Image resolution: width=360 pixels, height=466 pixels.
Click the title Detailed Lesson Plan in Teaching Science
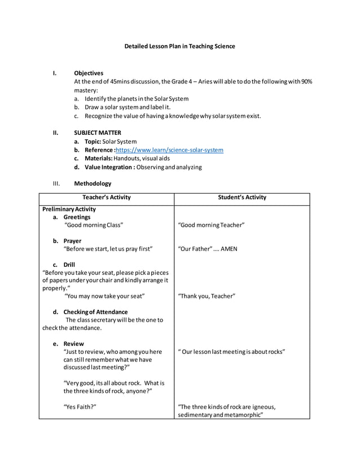179,46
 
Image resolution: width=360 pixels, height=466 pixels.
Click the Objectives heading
89,73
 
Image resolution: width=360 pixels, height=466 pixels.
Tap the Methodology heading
93,183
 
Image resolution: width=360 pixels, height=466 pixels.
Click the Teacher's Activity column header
107,197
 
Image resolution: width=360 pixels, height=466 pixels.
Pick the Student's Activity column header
242,197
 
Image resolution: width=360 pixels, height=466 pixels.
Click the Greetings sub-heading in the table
77,217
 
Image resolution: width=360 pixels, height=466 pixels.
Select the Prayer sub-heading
72,241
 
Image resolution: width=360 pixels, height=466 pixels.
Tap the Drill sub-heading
69,265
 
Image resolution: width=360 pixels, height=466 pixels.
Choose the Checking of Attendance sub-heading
95,312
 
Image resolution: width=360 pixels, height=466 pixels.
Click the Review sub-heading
73,344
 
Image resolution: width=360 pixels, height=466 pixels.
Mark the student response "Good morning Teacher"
211,225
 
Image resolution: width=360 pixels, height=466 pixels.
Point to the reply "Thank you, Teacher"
207,296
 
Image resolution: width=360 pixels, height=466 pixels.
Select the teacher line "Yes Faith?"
80,407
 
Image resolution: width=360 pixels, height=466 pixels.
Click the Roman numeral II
55,133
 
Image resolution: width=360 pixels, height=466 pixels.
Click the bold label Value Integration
109,167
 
